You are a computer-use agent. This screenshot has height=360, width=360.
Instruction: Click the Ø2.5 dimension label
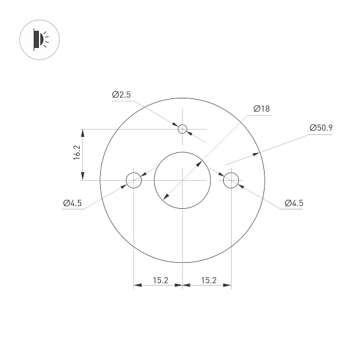121,95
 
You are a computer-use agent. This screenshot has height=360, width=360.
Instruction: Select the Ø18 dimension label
262,109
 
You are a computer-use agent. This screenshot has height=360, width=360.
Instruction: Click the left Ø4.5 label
72,203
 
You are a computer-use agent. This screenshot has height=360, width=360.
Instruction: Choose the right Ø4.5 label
293,203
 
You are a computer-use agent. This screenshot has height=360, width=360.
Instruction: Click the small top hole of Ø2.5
182,128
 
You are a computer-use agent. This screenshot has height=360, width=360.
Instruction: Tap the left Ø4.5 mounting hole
133,179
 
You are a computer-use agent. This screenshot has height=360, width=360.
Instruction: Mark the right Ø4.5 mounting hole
231,179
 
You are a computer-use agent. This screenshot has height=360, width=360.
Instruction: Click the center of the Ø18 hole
182,179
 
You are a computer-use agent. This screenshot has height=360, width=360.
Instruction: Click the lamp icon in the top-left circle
38,39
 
